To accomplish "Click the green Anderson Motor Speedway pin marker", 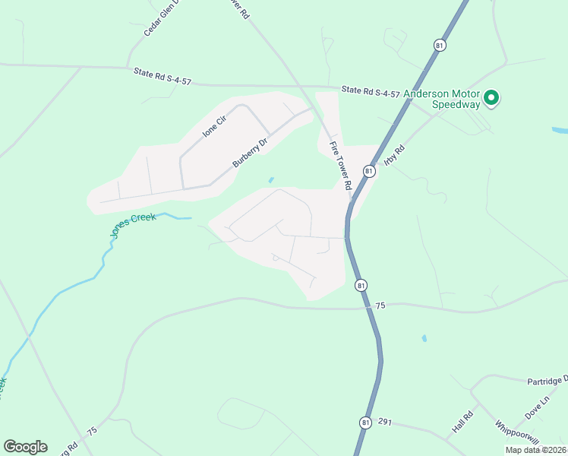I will pos(491,97).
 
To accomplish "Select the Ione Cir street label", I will pos(215,125).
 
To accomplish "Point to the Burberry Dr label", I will pos(251,153).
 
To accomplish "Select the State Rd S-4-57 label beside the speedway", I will pos(371,91).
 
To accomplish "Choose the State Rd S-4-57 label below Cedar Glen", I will pos(162,74).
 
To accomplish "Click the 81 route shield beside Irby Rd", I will pos(369,171).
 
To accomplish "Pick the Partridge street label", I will pos(547,380).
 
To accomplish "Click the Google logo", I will pos(25,446).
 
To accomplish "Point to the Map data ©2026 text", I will pos(536,450).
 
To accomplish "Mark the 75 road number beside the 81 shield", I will pos(380,305).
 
